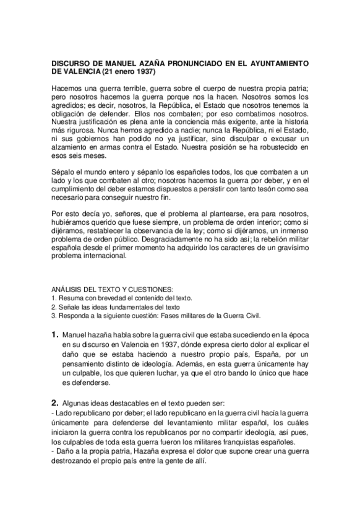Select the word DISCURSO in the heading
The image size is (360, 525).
pyautogui.click(x=72, y=63)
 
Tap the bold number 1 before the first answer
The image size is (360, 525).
pyautogui.click(x=54, y=335)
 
